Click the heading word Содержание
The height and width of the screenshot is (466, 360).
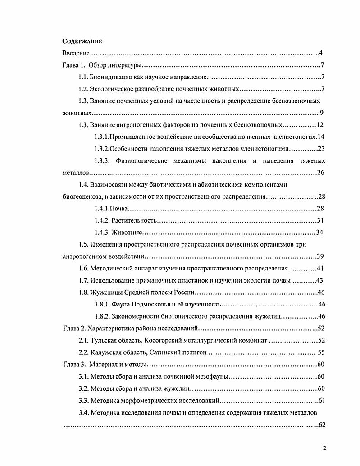tap(82, 41)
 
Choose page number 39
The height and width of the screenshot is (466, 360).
tap(320, 256)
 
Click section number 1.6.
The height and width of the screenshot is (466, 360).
tap(83, 269)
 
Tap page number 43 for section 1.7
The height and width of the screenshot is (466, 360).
tap(320, 280)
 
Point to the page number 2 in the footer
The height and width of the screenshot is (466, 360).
tap(324, 448)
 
